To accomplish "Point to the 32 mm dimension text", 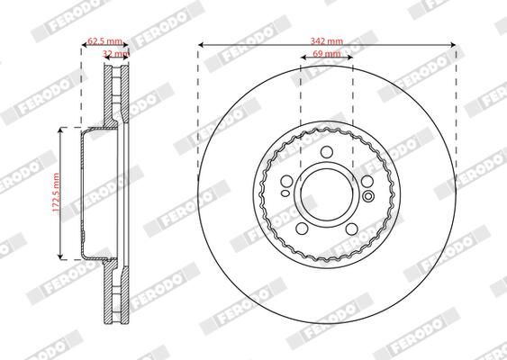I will coord(114,54).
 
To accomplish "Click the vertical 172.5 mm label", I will coord(55,193).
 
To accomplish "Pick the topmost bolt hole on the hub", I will coord(326,150).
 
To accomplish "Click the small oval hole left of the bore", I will coord(285,191).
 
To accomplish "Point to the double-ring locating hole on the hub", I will coord(368,192).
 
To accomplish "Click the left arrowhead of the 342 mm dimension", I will coord(201,44).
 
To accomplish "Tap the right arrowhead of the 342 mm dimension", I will coord(452,44).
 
